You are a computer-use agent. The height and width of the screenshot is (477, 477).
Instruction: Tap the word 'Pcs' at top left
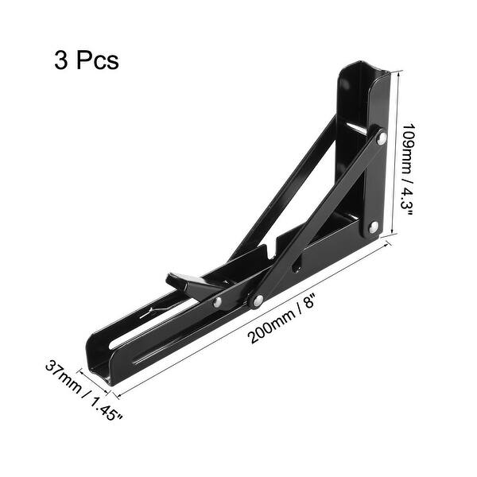(x=98, y=60)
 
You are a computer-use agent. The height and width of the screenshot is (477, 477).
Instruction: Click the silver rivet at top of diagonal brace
(x=381, y=138)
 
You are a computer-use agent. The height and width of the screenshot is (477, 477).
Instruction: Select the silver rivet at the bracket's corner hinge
(x=373, y=228)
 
